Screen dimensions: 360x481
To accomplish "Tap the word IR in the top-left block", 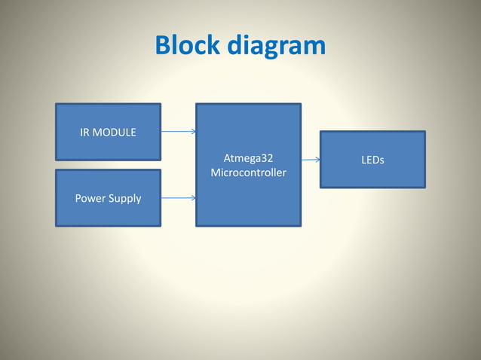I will click(85, 133).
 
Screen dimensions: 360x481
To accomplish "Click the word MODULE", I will click(115, 133).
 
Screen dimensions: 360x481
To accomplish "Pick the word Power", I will click(90, 199).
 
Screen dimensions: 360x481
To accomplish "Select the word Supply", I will click(124, 199).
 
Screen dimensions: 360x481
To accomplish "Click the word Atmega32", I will click(249, 158).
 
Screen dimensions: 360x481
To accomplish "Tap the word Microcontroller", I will click(249, 173).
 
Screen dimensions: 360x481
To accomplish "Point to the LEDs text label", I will click(372, 160).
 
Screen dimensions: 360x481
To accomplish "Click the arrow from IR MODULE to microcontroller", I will click(178, 131).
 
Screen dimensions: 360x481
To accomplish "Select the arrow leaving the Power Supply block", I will click(178, 198).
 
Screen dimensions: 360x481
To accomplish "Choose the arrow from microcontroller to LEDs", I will click(310, 160).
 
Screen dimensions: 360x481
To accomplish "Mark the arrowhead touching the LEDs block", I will click(317, 160).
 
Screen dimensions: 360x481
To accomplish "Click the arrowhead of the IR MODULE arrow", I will click(194, 131).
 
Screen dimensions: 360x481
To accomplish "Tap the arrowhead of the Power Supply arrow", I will click(194, 198).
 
